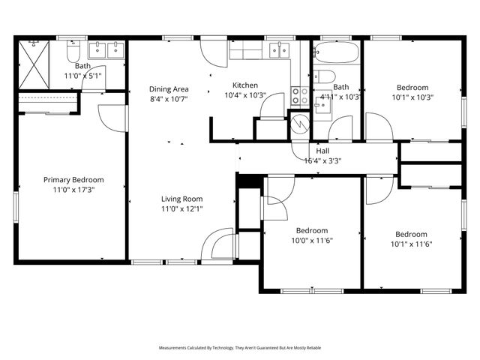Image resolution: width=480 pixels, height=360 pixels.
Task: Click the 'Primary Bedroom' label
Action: coord(73,180)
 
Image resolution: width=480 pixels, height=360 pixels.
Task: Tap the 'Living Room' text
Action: coord(181,199)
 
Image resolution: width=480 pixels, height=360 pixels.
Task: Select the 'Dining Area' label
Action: coord(169,88)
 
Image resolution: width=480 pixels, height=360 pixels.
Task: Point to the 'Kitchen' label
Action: coord(245,85)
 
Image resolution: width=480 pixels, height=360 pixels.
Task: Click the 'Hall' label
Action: coord(322,151)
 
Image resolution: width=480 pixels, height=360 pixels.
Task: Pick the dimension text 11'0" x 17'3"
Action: coord(73,190)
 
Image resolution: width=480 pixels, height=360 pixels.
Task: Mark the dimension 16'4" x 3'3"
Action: coord(322,160)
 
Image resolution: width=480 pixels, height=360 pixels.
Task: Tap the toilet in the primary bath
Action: coord(73,54)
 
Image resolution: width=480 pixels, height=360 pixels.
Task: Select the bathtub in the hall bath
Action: coord(336,54)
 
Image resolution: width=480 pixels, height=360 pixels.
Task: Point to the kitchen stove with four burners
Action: coord(299,95)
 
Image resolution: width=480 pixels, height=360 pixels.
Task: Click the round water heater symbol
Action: coord(300,122)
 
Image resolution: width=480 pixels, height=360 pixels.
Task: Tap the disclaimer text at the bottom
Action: coord(239,348)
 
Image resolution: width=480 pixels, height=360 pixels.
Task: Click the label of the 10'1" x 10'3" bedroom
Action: coord(412,87)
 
